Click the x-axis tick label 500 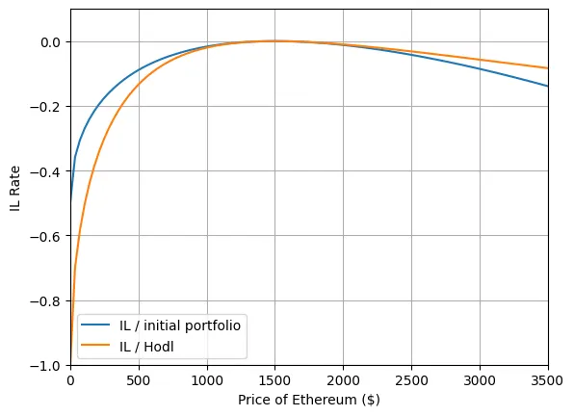tap(139, 380)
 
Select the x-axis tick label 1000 tap(207, 380)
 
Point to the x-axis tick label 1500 tap(275, 380)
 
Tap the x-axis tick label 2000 tap(344, 380)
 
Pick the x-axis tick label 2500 tap(411, 380)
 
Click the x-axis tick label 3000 tap(480, 380)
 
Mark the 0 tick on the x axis tap(70, 380)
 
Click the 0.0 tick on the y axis tap(50, 42)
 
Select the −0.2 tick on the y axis tap(46, 107)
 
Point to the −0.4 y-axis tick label tap(46, 171)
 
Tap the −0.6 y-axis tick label tap(46, 237)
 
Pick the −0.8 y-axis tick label tap(46, 301)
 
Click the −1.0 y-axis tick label tap(46, 366)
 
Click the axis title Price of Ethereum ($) tap(309, 400)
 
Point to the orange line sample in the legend tap(95, 345)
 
